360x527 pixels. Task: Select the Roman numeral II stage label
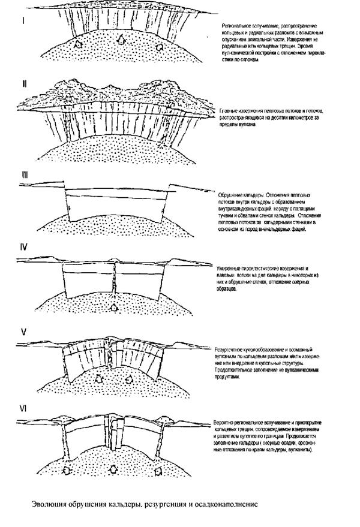(x=24, y=83)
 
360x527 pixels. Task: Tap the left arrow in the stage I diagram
(x=77, y=44)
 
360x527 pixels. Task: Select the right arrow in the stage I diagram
(x=158, y=44)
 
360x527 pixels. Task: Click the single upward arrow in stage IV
(x=115, y=308)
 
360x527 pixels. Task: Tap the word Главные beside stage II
(x=229, y=112)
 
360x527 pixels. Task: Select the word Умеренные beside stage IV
(x=230, y=267)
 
